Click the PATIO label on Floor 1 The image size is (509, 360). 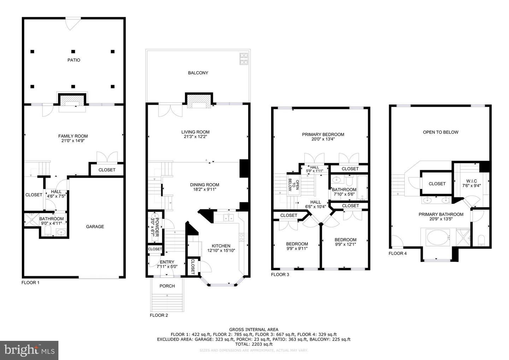click(74, 60)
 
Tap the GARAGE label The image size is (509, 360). click(95, 227)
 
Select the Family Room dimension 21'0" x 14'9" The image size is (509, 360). click(73, 141)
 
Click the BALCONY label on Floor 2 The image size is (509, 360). click(198, 73)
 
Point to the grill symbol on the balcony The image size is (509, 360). click(244, 59)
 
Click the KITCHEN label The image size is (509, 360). click(221, 246)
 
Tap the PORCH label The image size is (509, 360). click(167, 286)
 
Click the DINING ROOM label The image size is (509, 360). click(204, 185)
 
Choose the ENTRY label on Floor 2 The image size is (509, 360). click(167, 262)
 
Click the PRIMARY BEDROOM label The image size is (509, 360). click(323, 134)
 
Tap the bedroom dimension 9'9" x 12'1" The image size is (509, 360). click(345, 244)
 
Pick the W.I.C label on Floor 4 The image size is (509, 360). click(472, 181)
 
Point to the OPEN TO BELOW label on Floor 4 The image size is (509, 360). click(440, 132)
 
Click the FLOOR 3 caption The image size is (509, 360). click(280, 274)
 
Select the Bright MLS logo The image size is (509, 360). click(29, 350)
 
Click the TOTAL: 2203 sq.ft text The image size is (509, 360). click(253, 344)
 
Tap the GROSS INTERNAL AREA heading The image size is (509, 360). click(253, 330)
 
